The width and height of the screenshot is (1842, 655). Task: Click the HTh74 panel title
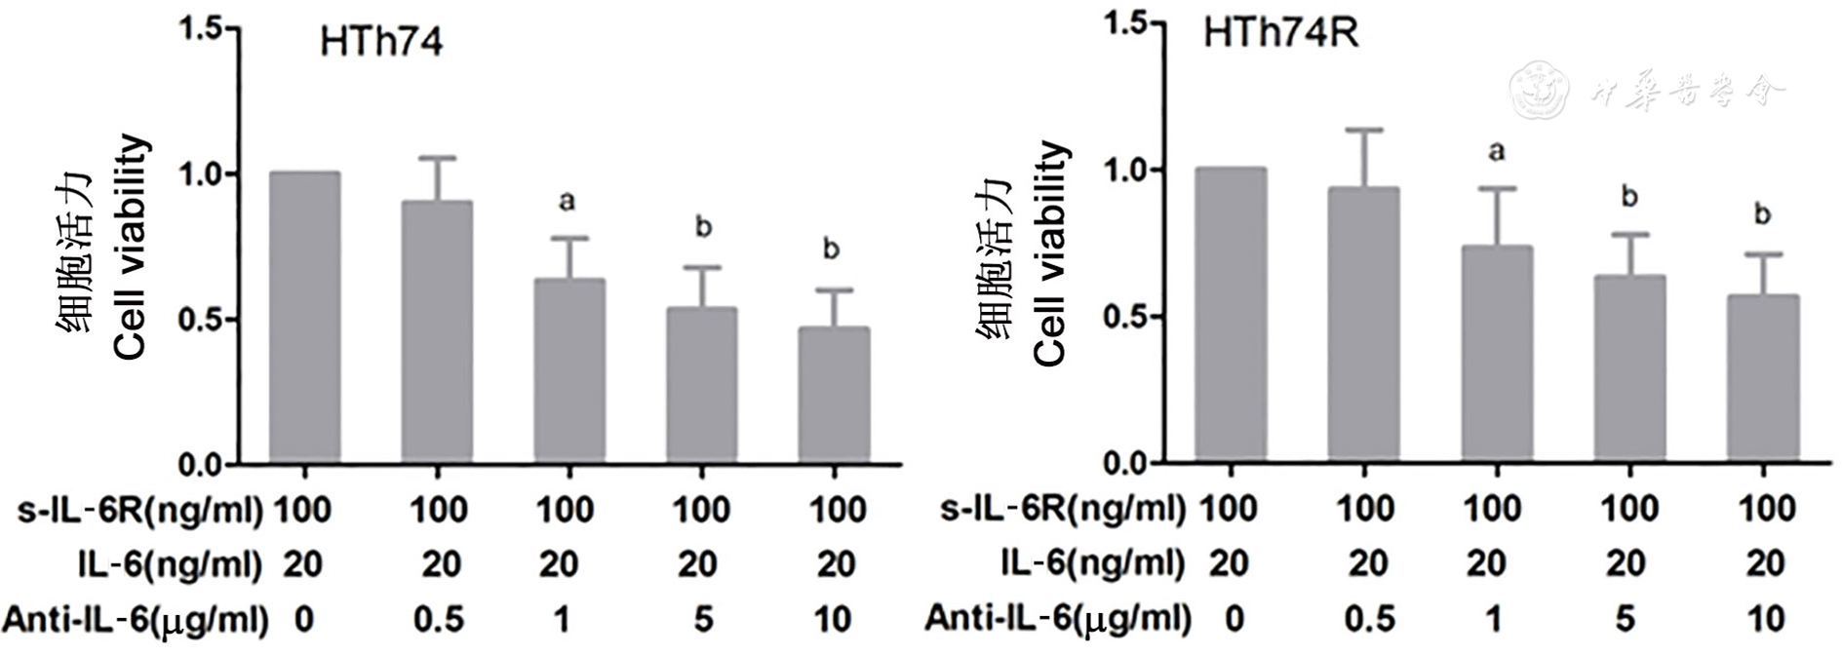click(x=381, y=42)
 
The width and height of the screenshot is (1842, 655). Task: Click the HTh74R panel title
click(x=1279, y=34)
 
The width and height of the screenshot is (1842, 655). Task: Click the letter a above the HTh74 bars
click(x=567, y=202)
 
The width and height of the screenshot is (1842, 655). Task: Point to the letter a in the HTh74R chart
click(x=1497, y=151)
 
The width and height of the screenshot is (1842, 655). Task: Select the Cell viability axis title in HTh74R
click(x=1050, y=253)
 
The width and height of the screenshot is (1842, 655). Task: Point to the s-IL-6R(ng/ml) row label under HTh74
click(x=140, y=510)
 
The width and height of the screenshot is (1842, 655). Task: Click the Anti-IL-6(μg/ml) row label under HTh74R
click(x=1057, y=618)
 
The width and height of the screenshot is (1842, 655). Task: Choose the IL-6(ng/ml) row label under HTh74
click(x=171, y=564)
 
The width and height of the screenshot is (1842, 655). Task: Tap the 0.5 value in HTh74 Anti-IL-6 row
click(x=438, y=619)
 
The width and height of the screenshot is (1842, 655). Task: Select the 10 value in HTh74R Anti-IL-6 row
click(x=1766, y=619)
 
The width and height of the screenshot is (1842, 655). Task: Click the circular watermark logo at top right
click(x=1539, y=91)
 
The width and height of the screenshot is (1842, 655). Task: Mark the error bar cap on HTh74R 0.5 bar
click(x=1364, y=130)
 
